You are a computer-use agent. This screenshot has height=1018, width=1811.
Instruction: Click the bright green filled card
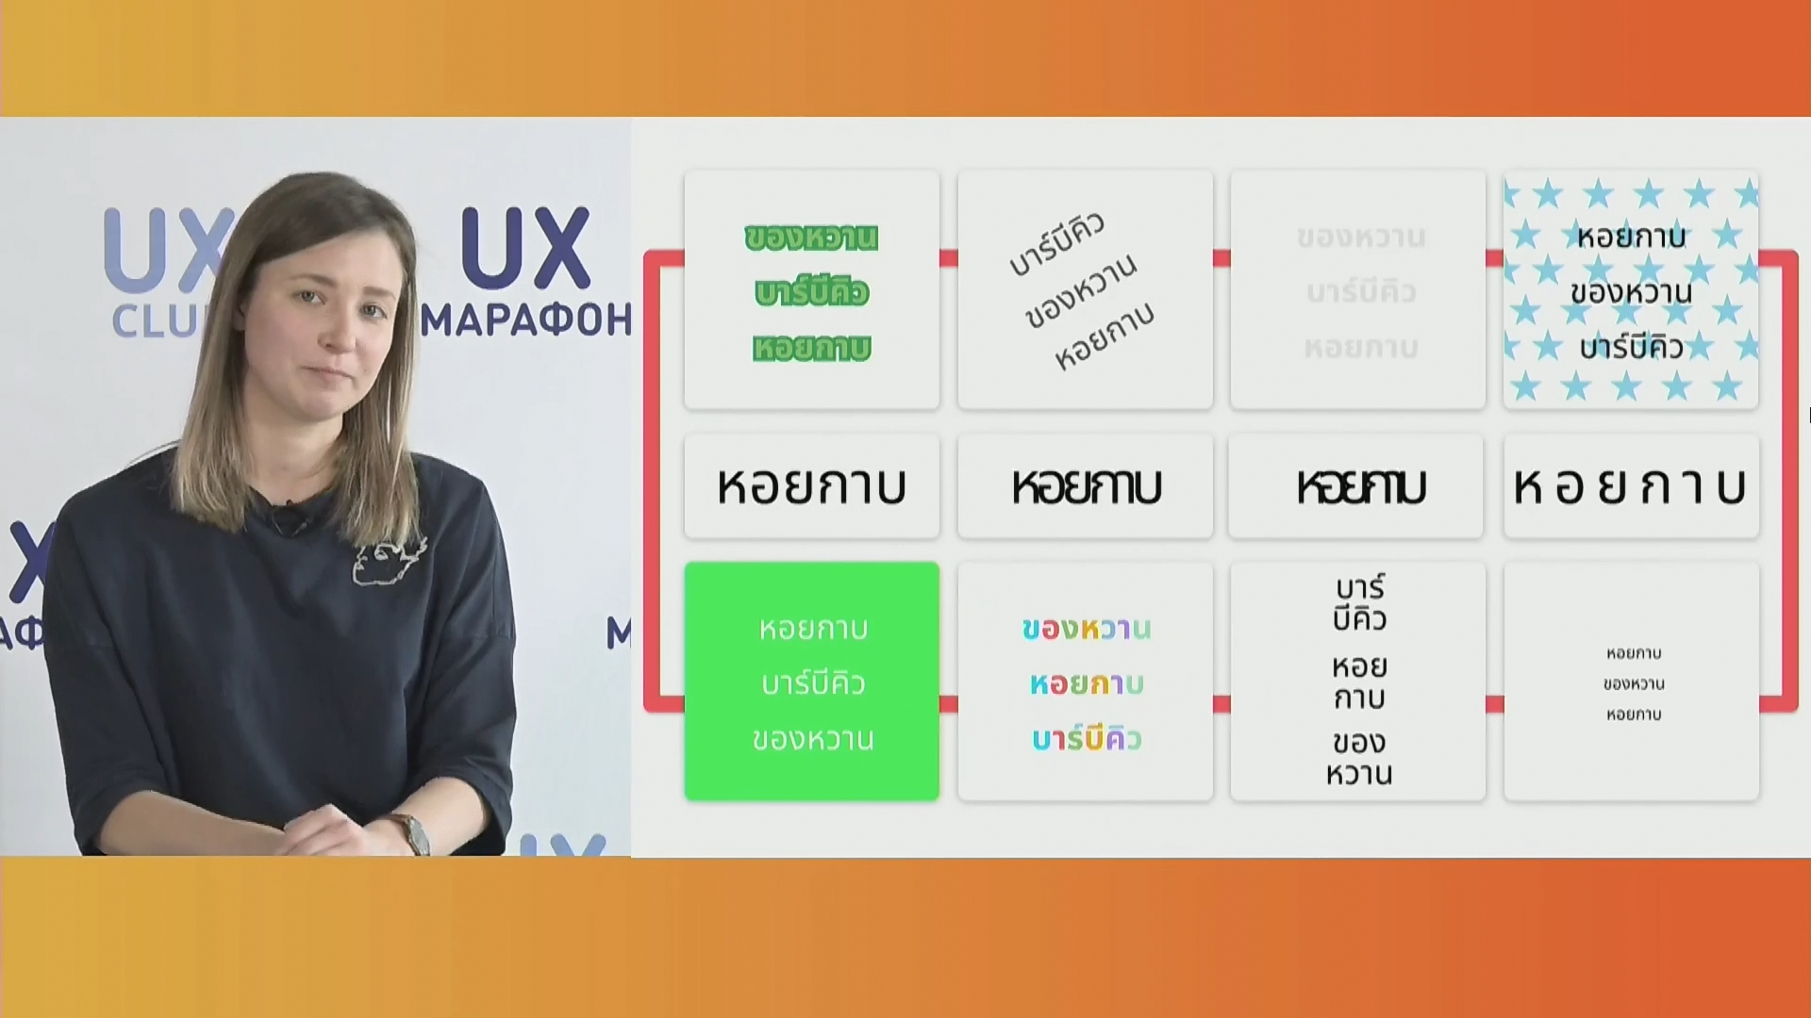811,681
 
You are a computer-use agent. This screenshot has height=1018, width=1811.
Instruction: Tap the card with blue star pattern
1631,289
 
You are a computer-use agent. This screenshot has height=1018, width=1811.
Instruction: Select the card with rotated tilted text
1085,289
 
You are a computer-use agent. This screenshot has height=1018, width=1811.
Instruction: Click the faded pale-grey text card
1358,289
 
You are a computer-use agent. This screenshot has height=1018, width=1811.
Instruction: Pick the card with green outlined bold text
811,289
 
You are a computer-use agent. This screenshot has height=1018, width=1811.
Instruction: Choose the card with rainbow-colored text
1085,681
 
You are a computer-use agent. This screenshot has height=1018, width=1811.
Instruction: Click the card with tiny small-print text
1631,681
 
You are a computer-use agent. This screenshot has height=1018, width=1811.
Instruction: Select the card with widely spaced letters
1631,486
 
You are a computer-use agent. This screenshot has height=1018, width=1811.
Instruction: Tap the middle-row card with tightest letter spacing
1358,486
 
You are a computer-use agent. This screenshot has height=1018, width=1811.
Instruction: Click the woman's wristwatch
413,833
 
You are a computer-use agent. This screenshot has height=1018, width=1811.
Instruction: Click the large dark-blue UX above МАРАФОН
524,248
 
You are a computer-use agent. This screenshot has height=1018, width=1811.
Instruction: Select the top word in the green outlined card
811,238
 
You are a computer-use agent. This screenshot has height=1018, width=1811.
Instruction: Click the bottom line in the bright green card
811,739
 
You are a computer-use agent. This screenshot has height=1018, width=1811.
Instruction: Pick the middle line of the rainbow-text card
1085,683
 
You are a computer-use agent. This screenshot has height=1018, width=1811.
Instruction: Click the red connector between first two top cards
948,258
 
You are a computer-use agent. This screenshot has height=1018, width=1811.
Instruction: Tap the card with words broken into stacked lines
1358,681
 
